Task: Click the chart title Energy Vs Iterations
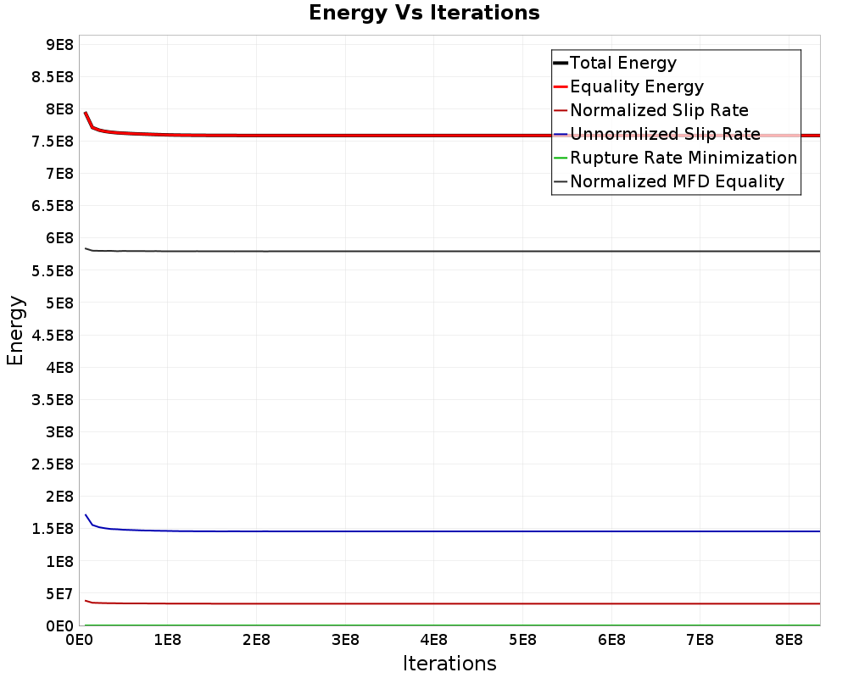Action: (x=424, y=13)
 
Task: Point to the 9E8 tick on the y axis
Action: (x=59, y=44)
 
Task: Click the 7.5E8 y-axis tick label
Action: (x=53, y=142)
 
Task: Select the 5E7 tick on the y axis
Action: (x=59, y=594)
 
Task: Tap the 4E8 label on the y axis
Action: (x=59, y=368)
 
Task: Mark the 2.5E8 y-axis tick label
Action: (x=53, y=464)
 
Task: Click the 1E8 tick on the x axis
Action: (x=168, y=640)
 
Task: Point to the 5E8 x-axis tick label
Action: (x=522, y=640)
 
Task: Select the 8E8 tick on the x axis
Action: (x=789, y=640)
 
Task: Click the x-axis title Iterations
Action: (x=449, y=664)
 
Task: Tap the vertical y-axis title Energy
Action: (x=15, y=331)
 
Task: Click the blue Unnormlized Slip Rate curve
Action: (x=453, y=531)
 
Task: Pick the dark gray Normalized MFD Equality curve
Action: (x=453, y=251)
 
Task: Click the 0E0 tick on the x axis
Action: (x=79, y=640)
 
